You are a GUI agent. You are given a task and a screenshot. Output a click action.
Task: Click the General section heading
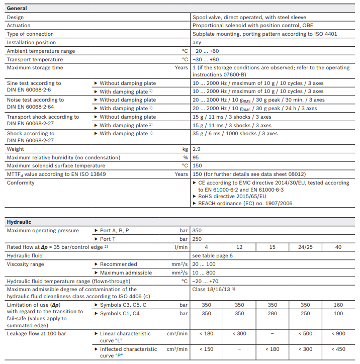tap(17, 8)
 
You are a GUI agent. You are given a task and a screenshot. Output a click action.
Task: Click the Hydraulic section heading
tap(19, 221)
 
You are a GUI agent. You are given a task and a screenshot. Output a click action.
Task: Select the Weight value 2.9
tap(197, 149)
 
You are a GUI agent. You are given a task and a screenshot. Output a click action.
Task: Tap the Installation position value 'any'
tap(197, 42)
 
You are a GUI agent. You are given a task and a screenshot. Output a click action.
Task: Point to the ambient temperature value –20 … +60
tap(206, 51)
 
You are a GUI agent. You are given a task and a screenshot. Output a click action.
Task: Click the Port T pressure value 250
tap(197, 239)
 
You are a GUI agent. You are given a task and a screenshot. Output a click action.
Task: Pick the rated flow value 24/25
tap(305, 247)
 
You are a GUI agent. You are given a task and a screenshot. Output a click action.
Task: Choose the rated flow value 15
tap(272, 247)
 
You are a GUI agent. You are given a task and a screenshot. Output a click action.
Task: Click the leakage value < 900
tap(338, 334)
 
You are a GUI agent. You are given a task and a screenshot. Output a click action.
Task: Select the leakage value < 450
tap(338, 349)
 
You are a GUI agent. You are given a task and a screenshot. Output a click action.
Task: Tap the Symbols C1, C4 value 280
tap(272, 313)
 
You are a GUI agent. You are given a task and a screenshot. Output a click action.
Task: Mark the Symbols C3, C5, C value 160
tap(338, 305)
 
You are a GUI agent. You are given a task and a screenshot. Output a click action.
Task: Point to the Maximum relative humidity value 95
tap(196, 157)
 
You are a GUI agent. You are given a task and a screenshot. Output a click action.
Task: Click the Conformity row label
tap(21, 183)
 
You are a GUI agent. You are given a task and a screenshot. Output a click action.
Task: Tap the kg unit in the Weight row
tap(185, 149)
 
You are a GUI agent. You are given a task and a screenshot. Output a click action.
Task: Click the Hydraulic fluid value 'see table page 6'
tap(212, 255)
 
